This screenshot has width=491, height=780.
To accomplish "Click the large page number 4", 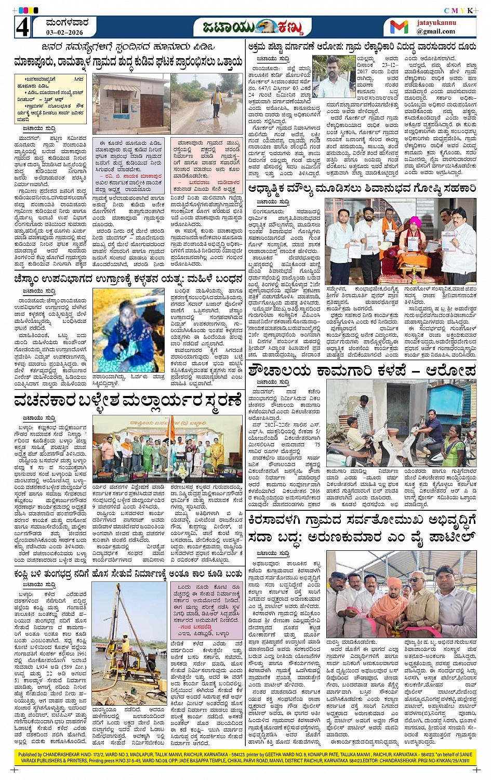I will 22,28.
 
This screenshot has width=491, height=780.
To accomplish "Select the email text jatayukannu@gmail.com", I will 435,28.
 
